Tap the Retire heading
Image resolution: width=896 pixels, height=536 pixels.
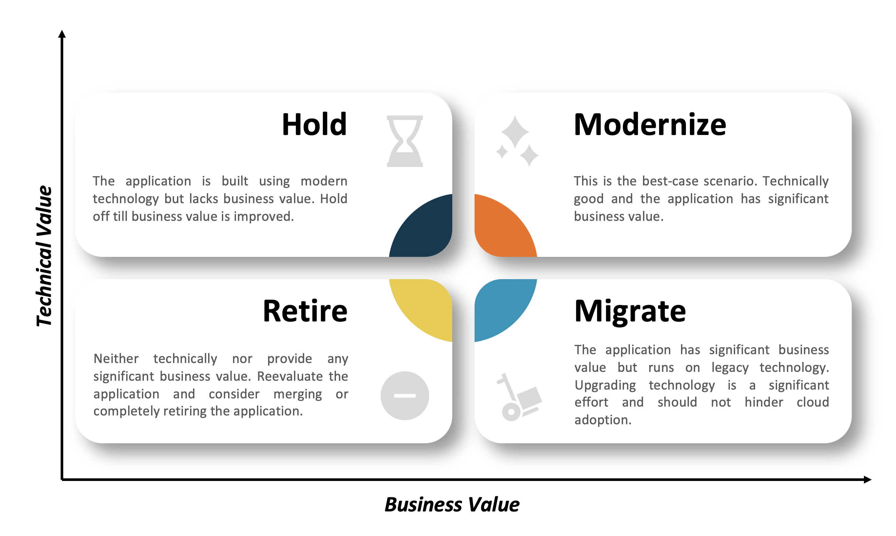click(x=305, y=311)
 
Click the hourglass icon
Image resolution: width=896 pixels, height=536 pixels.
click(x=405, y=141)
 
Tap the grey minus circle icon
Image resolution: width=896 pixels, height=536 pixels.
click(x=405, y=396)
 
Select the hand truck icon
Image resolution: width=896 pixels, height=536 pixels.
click(x=519, y=397)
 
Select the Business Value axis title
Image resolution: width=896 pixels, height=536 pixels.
click(x=452, y=505)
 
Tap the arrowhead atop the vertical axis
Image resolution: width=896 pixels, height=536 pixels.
click(x=62, y=34)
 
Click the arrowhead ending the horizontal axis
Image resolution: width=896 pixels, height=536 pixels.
click(x=867, y=480)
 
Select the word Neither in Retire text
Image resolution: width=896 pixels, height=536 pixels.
click(x=116, y=359)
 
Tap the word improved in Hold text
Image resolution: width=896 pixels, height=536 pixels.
click(x=264, y=217)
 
